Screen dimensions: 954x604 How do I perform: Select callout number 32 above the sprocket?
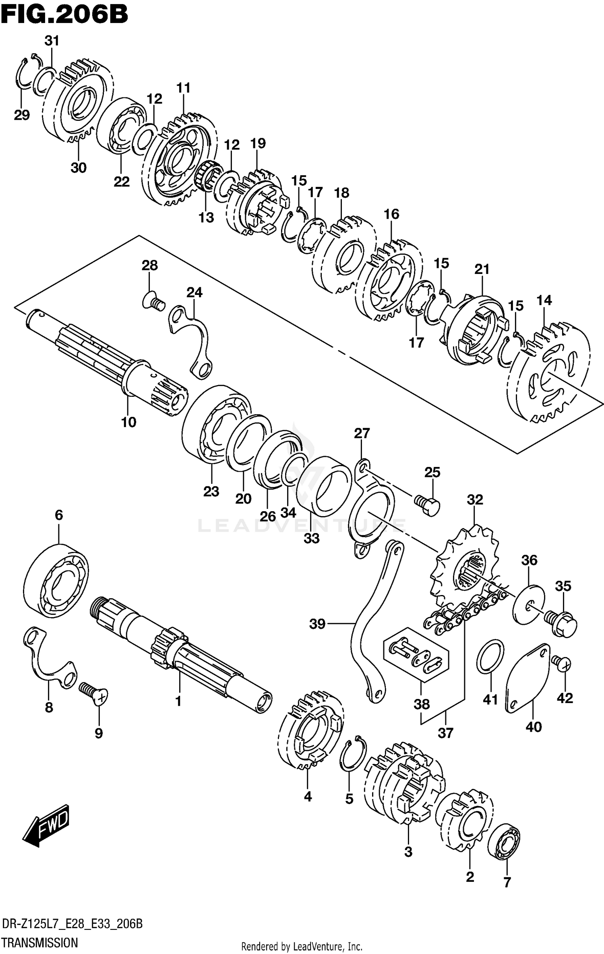pos(475,500)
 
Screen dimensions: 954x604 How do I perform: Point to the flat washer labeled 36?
pos(528,604)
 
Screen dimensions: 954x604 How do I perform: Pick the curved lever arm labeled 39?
pos(364,628)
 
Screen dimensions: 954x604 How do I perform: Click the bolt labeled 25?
pos(428,505)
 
